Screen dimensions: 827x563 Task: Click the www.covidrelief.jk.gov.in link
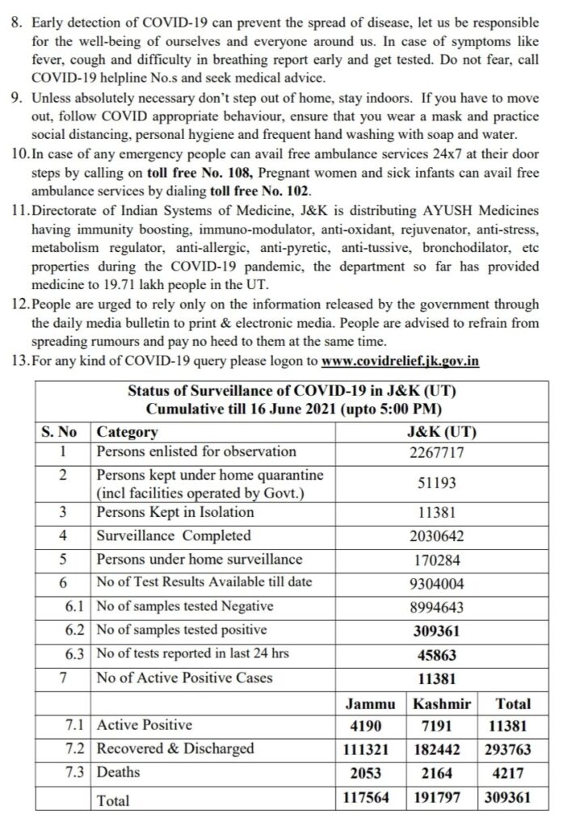(400, 361)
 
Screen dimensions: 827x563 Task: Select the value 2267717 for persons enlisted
(437, 452)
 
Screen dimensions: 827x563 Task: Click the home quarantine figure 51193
(437, 482)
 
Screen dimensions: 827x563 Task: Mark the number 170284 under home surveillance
(437, 559)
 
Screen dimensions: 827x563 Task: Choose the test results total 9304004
(437, 583)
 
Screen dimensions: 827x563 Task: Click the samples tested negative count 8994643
(437, 607)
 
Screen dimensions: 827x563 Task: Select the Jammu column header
(371, 703)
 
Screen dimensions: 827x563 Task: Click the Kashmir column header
(443, 703)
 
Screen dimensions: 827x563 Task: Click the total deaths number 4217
(514, 773)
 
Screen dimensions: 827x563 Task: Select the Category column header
(128, 432)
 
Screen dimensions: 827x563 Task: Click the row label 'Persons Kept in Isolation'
(175, 512)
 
